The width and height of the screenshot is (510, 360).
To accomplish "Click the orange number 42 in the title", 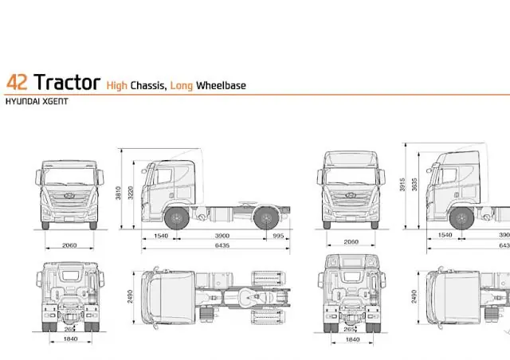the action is pyautogui.click(x=17, y=82).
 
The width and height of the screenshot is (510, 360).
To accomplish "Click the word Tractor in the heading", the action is pyautogui.click(x=67, y=82).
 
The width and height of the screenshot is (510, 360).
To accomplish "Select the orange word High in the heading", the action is pyautogui.click(x=117, y=85).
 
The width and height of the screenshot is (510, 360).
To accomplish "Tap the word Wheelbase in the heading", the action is pyautogui.click(x=221, y=85).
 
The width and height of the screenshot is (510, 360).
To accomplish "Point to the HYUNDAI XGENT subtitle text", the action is pyautogui.click(x=37, y=101).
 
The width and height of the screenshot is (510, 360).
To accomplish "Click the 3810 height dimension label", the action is pyautogui.click(x=119, y=193).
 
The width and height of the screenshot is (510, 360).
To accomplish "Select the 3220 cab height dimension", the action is pyautogui.click(x=131, y=193).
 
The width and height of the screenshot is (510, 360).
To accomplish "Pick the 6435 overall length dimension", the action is pyautogui.click(x=222, y=245).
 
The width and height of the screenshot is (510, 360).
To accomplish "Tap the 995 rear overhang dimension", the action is pyautogui.click(x=278, y=236).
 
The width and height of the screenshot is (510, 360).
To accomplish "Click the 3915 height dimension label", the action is pyautogui.click(x=402, y=185).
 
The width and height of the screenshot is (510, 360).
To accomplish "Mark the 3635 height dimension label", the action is pyautogui.click(x=414, y=185).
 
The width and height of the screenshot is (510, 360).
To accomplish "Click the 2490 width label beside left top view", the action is pyautogui.click(x=130, y=296).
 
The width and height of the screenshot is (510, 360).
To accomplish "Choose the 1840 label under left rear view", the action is pyautogui.click(x=71, y=338).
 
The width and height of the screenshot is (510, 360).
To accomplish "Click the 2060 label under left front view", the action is pyautogui.click(x=69, y=245).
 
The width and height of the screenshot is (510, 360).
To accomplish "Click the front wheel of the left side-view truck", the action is pyautogui.click(x=177, y=218).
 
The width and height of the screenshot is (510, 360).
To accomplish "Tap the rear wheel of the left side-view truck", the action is pyautogui.click(x=266, y=218).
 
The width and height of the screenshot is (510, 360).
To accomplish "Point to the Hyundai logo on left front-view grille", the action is pyautogui.click(x=69, y=195).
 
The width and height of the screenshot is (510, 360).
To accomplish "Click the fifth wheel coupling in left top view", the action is pyautogui.click(x=249, y=296).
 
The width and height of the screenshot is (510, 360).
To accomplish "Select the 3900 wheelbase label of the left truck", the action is pyautogui.click(x=222, y=236).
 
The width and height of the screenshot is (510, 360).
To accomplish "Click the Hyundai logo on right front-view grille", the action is pyautogui.click(x=351, y=195).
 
